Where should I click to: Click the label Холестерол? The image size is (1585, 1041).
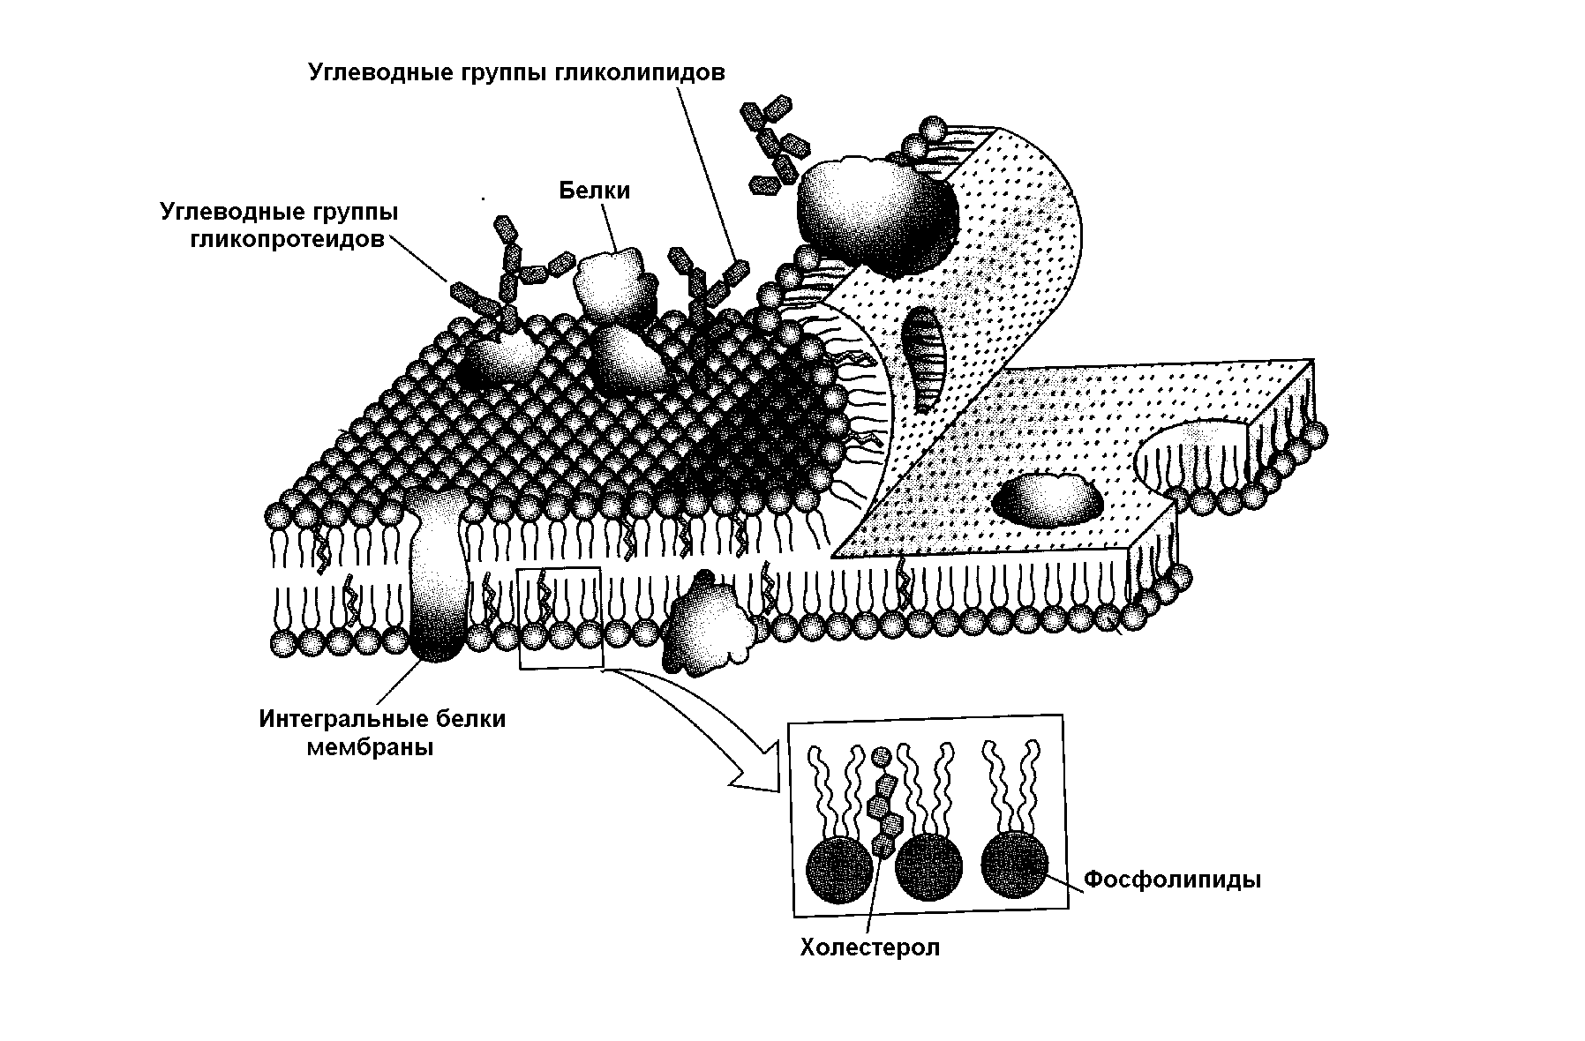[869, 947]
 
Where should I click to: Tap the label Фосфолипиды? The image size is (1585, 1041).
[1172, 880]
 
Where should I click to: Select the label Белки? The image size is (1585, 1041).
[595, 191]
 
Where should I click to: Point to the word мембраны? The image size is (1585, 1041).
[370, 749]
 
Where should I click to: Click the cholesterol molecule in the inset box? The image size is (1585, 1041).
[884, 807]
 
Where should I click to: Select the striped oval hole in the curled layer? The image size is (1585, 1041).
[923, 357]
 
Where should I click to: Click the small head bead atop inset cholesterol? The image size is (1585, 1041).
[880, 756]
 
